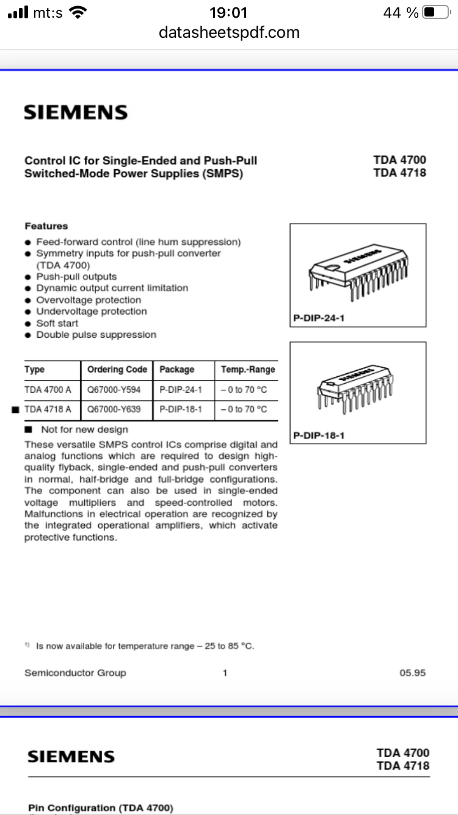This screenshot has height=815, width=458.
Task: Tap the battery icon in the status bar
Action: (x=436, y=12)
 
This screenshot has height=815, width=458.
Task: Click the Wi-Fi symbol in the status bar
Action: (x=78, y=12)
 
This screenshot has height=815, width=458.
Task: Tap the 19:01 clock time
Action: (x=228, y=12)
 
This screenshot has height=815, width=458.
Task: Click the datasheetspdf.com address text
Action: (x=229, y=32)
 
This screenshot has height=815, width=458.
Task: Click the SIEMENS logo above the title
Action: (x=76, y=112)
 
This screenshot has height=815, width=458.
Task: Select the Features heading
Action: (x=46, y=226)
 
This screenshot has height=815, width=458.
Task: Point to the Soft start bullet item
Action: (x=57, y=323)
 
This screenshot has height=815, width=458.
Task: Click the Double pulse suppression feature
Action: (x=96, y=335)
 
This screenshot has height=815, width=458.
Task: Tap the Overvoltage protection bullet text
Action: (x=88, y=300)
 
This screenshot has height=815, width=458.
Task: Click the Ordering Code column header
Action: (x=117, y=370)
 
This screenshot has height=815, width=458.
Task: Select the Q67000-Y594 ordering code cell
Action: (x=114, y=390)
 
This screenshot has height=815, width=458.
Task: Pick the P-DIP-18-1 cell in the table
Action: (x=180, y=409)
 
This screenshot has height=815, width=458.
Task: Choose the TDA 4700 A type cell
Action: (x=48, y=390)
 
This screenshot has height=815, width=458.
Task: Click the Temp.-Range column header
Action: (x=247, y=370)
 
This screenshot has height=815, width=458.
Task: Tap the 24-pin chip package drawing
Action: (x=357, y=272)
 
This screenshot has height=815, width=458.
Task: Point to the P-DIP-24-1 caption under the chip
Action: (x=319, y=319)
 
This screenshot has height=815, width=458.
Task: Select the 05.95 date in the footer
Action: (x=412, y=673)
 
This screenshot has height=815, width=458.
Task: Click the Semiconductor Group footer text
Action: (x=75, y=673)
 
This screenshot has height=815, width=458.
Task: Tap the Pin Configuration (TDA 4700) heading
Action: (x=101, y=808)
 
